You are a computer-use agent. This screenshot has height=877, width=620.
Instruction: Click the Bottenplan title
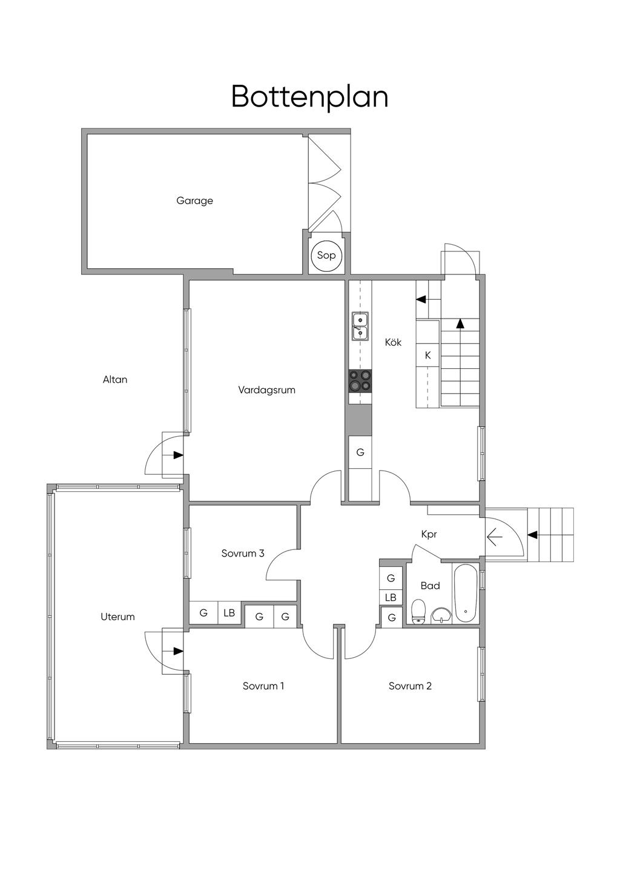click(309, 96)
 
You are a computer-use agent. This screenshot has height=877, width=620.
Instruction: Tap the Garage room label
click(194, 201)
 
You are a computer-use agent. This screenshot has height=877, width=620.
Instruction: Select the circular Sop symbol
click(326, 256)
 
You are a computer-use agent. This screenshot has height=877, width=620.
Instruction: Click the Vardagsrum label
click(266, 390)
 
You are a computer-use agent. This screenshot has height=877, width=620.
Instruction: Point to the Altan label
click(115, 379)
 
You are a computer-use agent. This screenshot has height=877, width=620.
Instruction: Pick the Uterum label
click(117, 617)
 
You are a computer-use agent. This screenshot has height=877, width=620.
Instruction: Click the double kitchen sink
click(360, 326)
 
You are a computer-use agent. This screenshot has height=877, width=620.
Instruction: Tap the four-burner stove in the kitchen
click(360, 380)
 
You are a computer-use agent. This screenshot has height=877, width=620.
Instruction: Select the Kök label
click(393, 342)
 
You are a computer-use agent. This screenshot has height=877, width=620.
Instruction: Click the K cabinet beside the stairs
click(428, 355)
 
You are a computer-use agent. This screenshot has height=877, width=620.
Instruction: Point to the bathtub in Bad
click(465, 594)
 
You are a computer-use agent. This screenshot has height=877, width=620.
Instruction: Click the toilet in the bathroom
click(418, 611)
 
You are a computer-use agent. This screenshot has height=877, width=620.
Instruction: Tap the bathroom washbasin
click(441, 616)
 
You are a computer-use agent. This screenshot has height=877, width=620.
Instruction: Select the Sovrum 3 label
click(243, 553)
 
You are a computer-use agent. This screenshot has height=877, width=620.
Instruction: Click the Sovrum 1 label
click(263, 686)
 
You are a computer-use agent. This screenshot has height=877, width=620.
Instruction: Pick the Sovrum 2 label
click(410, 686)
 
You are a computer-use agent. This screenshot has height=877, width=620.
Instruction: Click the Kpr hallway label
click(429, 534)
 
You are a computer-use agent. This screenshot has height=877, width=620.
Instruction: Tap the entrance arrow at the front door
click(494, 537)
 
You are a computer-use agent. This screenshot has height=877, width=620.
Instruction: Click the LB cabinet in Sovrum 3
click(229, 612)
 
